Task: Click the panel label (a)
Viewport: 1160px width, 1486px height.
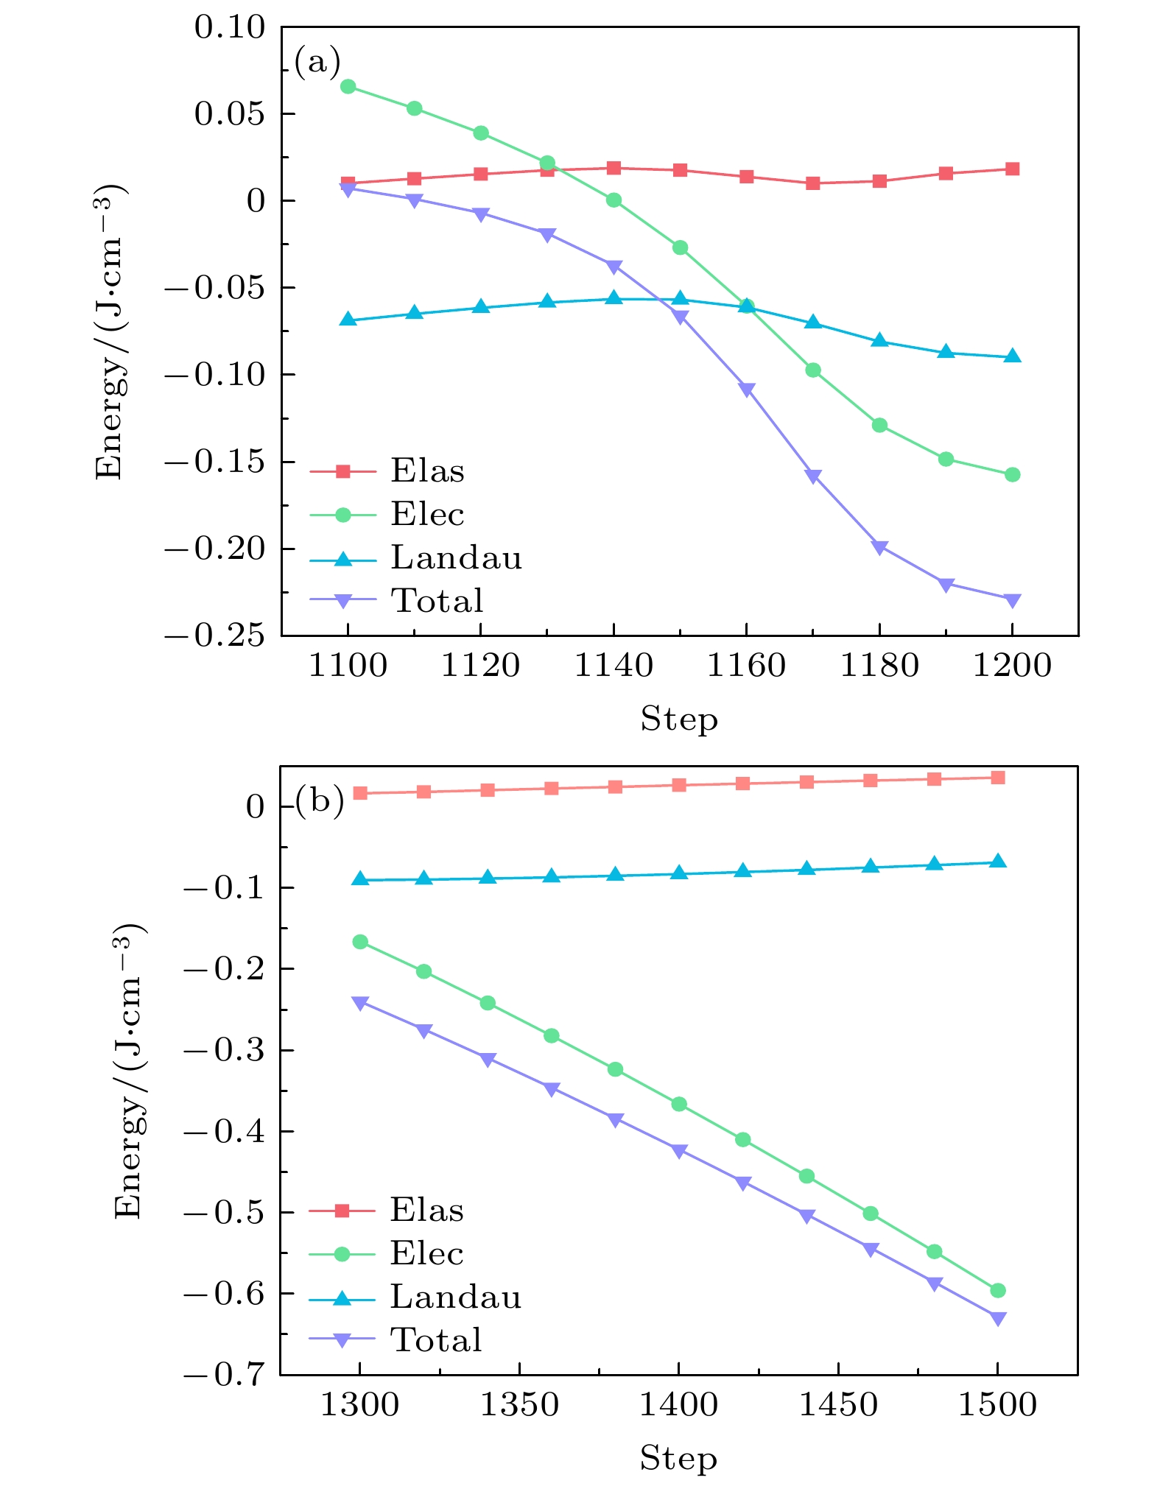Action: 317,62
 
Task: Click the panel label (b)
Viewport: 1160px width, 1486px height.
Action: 320,800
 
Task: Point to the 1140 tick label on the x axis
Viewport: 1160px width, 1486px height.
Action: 613,666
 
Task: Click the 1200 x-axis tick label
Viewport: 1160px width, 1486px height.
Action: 1012,666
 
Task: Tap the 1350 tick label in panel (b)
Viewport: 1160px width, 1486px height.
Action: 519,1405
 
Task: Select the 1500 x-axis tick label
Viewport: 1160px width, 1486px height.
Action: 997,1405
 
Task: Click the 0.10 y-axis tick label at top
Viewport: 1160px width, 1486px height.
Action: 229,28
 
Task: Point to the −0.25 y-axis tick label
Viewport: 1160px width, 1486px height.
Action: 214,635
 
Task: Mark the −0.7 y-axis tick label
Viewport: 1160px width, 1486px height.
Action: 224,1374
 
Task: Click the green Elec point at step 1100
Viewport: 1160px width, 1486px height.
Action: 348,87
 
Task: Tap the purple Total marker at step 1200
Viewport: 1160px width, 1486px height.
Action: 1012,600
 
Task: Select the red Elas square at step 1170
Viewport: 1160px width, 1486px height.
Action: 813,183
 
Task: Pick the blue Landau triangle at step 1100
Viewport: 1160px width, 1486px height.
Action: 348,320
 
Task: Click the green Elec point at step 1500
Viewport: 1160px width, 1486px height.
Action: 998,1290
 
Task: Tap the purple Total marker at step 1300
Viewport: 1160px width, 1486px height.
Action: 360,1003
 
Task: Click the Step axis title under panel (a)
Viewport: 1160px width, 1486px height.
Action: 678,719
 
